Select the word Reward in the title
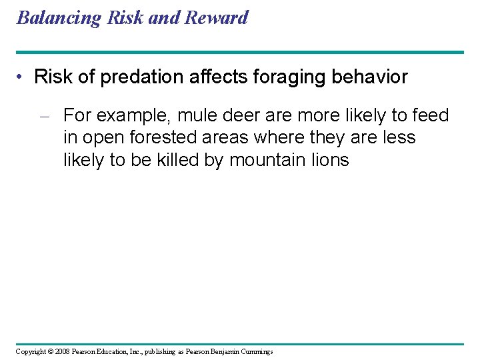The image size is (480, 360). [x=217, y=17]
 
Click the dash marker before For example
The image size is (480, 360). [x=45, y=117]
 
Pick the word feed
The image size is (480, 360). [x=431, y=116]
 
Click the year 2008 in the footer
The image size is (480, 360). [x=62, y=351]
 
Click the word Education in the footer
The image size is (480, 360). [x=114, y=351]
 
